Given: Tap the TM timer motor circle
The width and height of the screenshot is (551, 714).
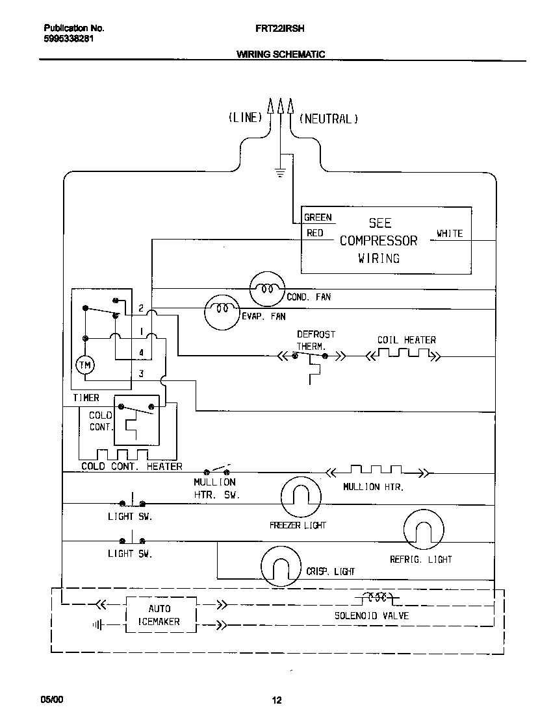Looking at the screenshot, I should [85, 365].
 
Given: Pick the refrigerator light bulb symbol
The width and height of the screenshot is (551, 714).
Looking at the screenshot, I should [424, 531].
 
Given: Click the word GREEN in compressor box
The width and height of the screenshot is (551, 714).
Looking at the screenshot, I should [318, 217].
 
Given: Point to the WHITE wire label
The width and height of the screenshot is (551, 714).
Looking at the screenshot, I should [450, 234].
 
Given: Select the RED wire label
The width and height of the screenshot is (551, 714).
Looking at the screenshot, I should [315, 233].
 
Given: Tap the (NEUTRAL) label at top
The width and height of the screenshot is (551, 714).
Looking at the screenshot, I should [328, 119].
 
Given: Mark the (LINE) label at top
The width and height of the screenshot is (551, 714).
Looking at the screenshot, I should [245, 117].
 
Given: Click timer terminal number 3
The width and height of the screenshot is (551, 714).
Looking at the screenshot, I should [141, 374].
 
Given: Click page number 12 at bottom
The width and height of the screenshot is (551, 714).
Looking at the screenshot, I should [276, 700].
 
